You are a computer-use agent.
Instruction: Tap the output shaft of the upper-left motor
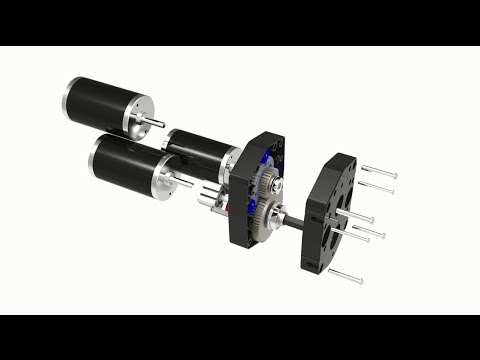pos(158,123)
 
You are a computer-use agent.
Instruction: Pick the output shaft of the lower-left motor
pos(184,182)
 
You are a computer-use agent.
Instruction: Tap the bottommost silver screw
pos(344,275)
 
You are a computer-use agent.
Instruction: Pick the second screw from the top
pos(375,187)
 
